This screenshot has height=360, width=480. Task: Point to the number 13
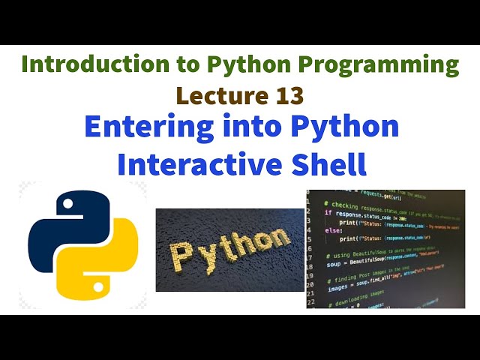pos(289,95)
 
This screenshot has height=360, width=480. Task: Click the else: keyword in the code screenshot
pos(332,231)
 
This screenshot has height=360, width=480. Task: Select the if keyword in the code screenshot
pos(328,212)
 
